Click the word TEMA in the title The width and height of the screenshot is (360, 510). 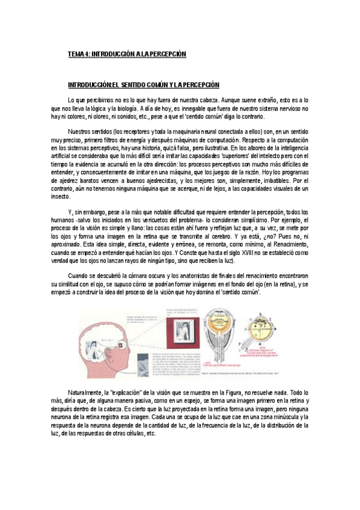(76, 54)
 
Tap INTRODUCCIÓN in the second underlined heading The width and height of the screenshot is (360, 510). (88, 85)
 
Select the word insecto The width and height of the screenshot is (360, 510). (76, 195)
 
